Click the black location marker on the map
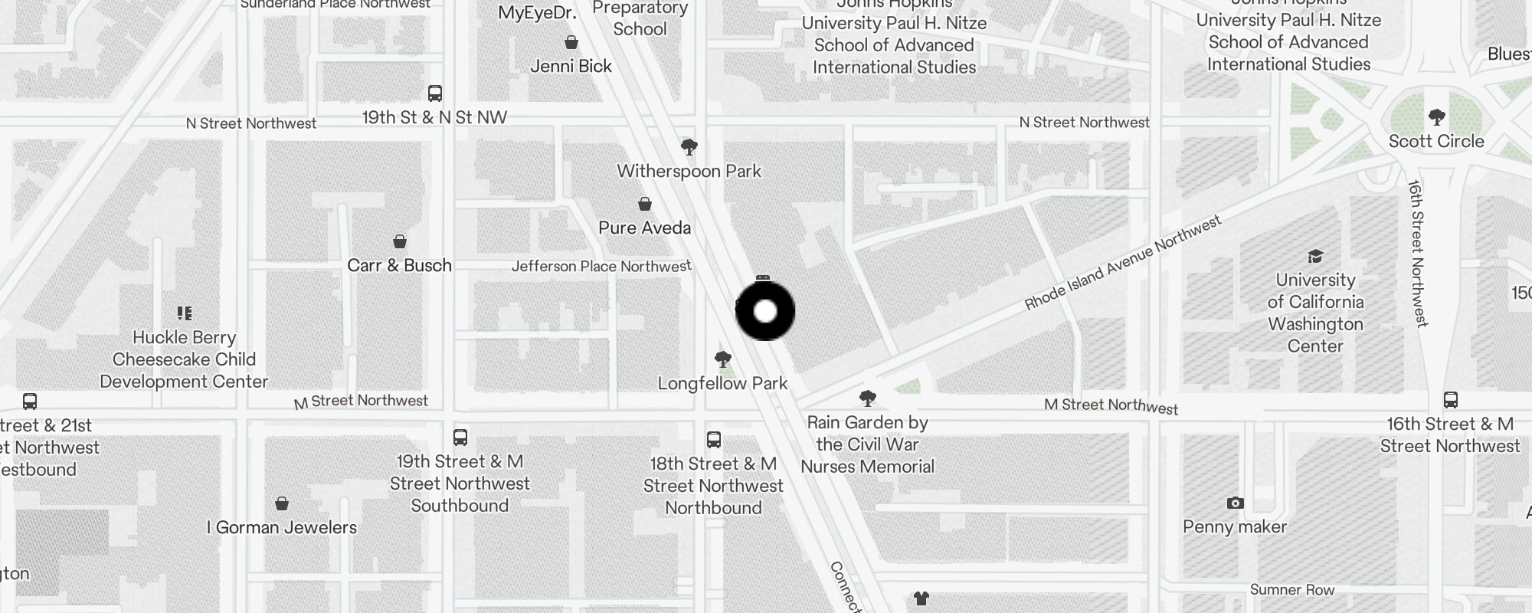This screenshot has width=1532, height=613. pyautogui.click(x=765, y=311)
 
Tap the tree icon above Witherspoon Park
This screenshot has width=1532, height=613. pyautogui.click(x=689, y=146)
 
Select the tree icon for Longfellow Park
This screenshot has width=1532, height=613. pyautogui.click(x=722, y=359)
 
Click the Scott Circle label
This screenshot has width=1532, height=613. pyautogui.click(x=1436, y=141)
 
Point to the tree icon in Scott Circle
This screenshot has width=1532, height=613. pyautogui.click(x=1436, y=117)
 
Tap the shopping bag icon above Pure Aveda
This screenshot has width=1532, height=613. pyautogui.click(x=645, y=204)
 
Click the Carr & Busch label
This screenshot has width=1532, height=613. pyautogui.click(x=399, y=265)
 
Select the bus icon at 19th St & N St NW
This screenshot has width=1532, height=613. pyautogui.click(x=435, y=93)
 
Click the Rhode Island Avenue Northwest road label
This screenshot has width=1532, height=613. pyautogui.click(x=1122, y=264)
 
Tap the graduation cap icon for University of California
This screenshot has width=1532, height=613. pyautogui.click(x=1315, y=256)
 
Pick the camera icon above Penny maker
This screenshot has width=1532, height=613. pyautogui.click(x=1235, y=503)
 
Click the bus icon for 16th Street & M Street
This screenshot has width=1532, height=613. pyautogui.click(x=1450, y=400)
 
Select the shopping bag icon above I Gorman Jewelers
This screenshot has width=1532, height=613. pyautogui.click(x=282, y=503)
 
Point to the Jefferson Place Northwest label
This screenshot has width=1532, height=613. pyautogui.click(x=601, y=266)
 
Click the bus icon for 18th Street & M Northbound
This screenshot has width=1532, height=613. pyautogui.click(x=713, y=440)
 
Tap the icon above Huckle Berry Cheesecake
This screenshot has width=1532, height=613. pyautogui.click(x=184, y=313)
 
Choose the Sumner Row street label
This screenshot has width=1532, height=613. pyautogui.click(x=1291, y=589)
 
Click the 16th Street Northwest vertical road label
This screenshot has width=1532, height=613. pyautogui.click(x=1417, y=253)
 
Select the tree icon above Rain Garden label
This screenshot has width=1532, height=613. pyautogui.click(x=867, y=398)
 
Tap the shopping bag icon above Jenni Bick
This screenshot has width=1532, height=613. pyautogui.click(x=571, y=42)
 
